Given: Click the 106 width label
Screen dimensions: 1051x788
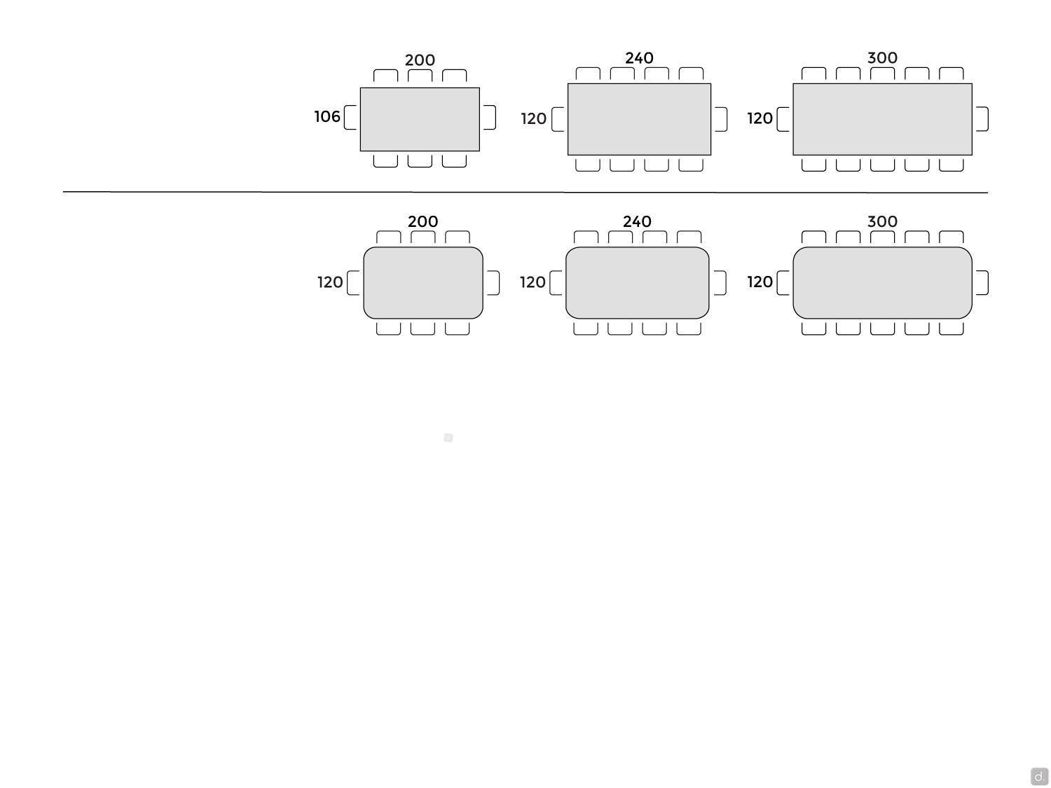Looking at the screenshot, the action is tap(327, 116).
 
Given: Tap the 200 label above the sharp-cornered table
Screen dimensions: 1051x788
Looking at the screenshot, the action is tap(420, 60).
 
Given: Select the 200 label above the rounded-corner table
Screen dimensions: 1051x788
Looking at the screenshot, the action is tap(423, 221).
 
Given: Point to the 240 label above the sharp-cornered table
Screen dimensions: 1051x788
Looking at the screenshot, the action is tap(639, 58).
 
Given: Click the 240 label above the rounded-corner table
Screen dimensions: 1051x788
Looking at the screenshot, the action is tap(638, 221).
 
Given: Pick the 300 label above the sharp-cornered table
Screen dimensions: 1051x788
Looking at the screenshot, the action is tap(882, 58).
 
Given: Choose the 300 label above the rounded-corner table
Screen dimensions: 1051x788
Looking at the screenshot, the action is tap(882, 221).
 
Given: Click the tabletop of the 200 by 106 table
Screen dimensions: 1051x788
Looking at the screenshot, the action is tap(420, 119).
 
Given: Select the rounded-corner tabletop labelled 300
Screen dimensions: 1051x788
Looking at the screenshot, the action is tap(882, 283).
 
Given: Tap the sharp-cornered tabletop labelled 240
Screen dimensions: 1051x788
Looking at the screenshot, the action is tap(639, 119).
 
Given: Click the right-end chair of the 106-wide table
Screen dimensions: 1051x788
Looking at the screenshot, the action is tap(490, 117).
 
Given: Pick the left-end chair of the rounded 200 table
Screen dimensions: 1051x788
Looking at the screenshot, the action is tap(353, 283).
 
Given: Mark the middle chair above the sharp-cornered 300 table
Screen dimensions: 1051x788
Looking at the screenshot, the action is tap(882, 74).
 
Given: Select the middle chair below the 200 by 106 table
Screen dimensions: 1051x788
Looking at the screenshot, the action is tap(420, 161).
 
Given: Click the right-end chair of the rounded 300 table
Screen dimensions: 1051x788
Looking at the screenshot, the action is tap(982, 283).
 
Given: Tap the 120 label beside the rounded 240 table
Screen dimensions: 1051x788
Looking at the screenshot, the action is tap(533, 282).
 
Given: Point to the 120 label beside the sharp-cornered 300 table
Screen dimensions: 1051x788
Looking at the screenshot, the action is tap(760, 118).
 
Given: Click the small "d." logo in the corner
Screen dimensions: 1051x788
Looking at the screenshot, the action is tap(1039, 776).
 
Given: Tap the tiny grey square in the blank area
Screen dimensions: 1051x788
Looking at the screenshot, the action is tap(448, 438).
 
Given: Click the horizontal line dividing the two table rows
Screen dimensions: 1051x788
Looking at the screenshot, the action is tap(525, 193).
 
